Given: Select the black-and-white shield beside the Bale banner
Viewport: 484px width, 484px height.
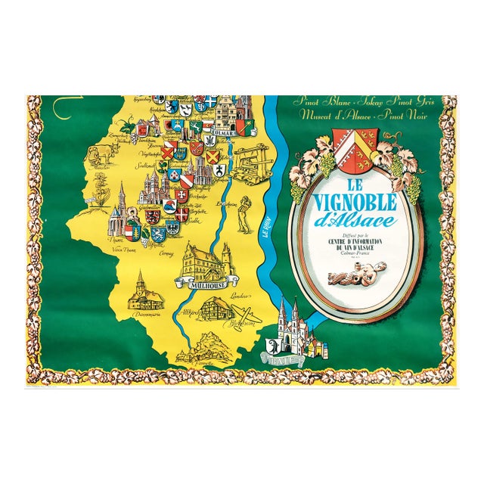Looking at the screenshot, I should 273,349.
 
